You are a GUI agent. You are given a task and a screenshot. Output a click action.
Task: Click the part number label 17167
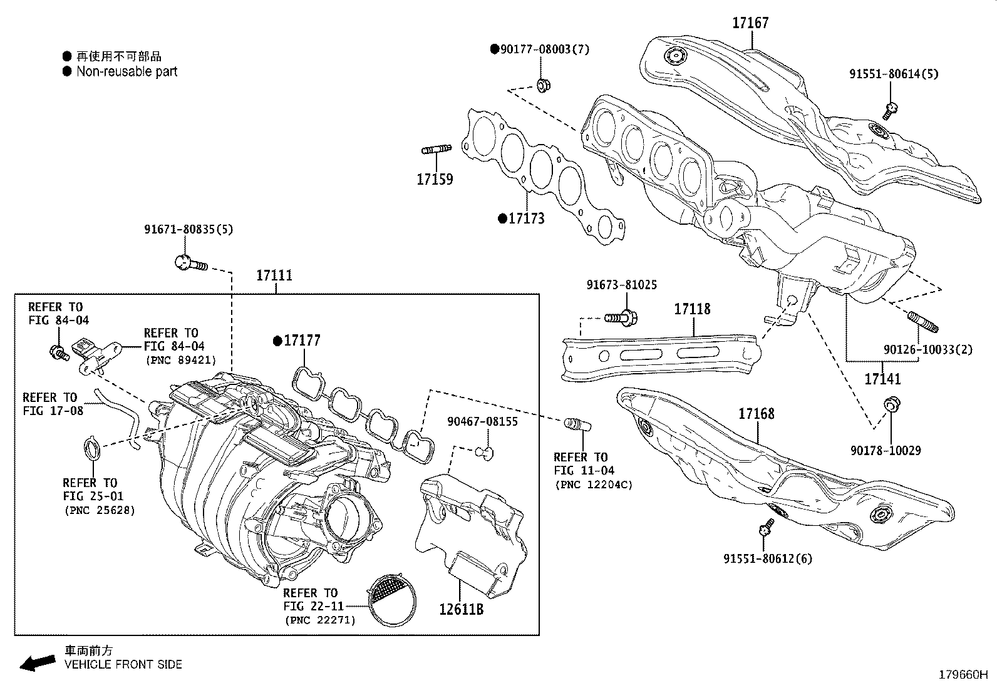click(x=750, y=23)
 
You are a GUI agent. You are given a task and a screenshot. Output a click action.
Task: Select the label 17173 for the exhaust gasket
click(x=526, y=218)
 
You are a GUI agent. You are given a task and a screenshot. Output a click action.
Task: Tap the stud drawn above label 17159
click(x=437, y=150)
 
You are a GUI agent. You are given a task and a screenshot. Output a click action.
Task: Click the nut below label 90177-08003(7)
click(x=543, y=84)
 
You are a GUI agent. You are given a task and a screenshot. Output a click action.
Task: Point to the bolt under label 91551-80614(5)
click(x=891, y=111)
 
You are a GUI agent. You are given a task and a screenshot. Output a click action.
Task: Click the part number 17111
click(x=274, y=275)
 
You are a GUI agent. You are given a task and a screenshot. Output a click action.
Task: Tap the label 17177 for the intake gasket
click(x=302, y=341)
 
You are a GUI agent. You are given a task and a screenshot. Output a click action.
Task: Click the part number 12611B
click(x=461, y=608)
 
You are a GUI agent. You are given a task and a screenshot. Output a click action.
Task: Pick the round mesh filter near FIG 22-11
click(x=391, y=598)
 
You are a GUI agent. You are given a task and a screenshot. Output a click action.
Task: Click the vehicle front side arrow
click(x=38, y=662)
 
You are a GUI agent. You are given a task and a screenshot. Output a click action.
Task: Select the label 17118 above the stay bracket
click(x=692, y=309)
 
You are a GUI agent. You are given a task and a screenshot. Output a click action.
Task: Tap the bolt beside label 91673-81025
click(x=622, y=318)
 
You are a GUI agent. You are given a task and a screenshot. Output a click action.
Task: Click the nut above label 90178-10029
click(x=890, y=406)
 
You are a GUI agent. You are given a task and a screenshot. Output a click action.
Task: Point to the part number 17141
click(x=882, y=379)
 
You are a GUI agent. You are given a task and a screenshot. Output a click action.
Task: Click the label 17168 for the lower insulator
click(x=756, y=414)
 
